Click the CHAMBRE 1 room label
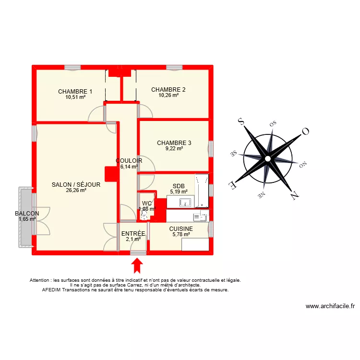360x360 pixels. (x=75, y=92)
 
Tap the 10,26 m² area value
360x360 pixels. (x=168, y=95)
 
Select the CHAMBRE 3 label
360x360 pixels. (x=174, y=143)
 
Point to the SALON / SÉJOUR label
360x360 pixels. (x=76, y=184)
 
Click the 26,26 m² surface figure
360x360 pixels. (x=76, y=190)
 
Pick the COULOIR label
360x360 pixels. (x=129, y=161)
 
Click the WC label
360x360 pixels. (x=147, y=203)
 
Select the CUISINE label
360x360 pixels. (x=181, y=229)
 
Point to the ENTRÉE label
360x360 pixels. (x=133, y=234)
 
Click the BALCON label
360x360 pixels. (x=27, y=214)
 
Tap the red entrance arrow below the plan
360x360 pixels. (x=137, y=265)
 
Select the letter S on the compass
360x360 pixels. (x=242, y=122)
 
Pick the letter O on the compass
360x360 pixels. (x=305, y=131)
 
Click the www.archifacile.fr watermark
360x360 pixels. (x=330, y=306)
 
